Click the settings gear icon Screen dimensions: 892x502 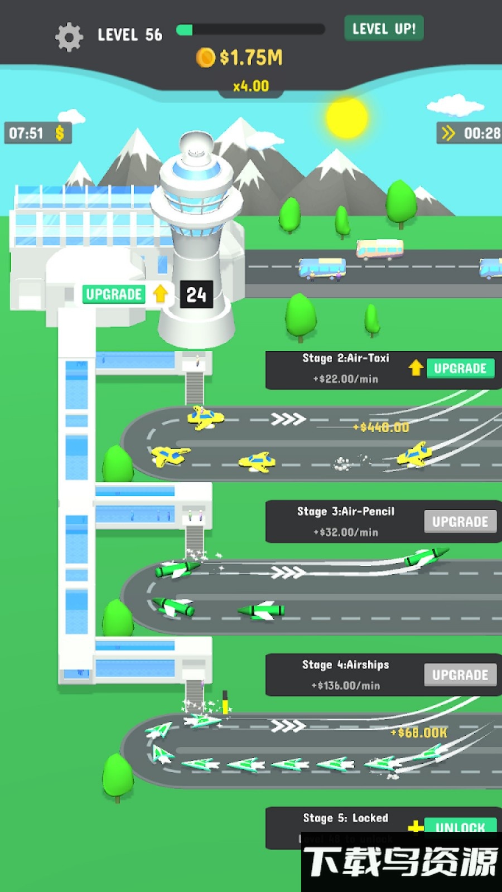[69, 37]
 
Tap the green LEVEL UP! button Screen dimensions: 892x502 [384, 28]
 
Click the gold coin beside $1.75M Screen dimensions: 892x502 [205, 57]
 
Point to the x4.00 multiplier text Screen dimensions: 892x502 [251, 86]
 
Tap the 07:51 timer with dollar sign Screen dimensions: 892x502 [37, 133]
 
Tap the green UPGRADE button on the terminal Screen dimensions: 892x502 [114, 294]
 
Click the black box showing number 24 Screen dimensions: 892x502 [196, 294]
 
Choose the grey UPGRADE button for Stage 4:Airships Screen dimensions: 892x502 [460, 675]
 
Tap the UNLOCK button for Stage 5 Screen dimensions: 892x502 [460, 826]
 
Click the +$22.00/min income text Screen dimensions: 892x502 [346, 379]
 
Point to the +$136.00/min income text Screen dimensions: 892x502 [346, 686]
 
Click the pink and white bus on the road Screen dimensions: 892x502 [380, 249]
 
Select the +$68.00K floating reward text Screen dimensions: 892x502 [419, 733]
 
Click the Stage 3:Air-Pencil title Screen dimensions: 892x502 [346, 511]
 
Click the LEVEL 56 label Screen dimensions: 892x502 [129, 35]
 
